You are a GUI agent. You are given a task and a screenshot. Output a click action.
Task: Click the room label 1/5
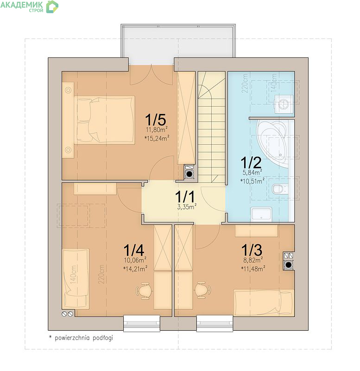(156, 120)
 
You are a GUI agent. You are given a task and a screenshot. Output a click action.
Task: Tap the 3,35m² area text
(187, 206)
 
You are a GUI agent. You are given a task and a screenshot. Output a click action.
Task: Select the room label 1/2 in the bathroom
(251, 163)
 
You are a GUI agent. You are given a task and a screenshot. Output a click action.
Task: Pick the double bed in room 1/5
(104, 120)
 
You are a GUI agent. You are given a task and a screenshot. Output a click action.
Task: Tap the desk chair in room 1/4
(144, 291)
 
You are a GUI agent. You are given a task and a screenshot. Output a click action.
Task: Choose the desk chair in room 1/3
(202, 290)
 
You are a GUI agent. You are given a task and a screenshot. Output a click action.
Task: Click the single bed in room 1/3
(264, 303)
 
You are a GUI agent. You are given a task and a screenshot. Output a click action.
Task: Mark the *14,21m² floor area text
(135, 269)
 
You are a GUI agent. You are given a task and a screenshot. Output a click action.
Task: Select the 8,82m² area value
(253, 260)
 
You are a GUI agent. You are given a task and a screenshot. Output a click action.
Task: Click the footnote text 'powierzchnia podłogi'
(84, 338)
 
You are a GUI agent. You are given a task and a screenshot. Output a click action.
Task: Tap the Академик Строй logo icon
(52, 6)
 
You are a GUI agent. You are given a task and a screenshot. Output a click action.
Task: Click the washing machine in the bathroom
(284, 104)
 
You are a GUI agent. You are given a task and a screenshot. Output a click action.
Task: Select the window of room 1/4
(142, 323)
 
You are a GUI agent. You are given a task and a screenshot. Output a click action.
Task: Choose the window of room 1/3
(215, 323)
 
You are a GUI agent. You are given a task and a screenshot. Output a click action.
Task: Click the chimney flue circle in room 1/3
(288, 264)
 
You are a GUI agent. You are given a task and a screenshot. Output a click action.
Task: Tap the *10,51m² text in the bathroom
(253, 181)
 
